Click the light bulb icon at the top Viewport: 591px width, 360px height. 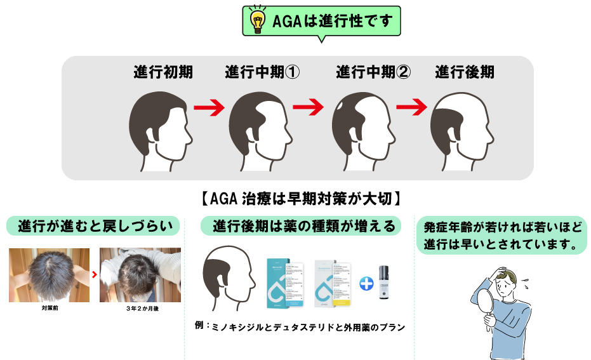(257, 22)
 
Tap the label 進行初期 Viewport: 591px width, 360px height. (163, 72)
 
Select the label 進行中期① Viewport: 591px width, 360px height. (262, 72)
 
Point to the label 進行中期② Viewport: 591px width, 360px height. (373, 72)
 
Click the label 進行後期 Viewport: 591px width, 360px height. (465, 72)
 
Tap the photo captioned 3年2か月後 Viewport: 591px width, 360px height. (140, 275)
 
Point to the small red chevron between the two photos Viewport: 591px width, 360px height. (95, 275)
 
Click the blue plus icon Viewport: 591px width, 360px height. (366, 283)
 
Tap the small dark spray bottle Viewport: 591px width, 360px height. (383, 284)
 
